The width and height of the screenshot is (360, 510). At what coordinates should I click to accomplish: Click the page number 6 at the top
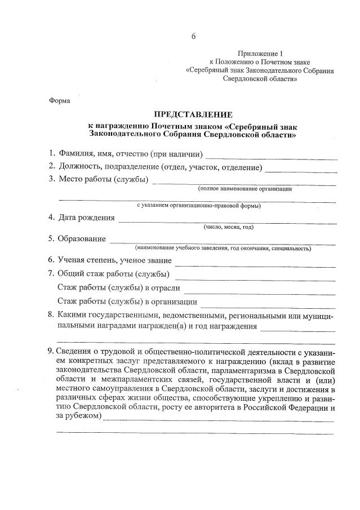pyautogui.click(x=193, y=37)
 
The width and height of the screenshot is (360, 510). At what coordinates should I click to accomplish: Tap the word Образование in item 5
pyautogui.click(x=82, y=238)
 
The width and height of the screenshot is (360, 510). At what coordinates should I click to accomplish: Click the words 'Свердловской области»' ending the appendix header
pyautogui.click(x=260, y=79)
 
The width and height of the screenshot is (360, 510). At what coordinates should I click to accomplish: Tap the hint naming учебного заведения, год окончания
pyautogui.click(x=223, y=248)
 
